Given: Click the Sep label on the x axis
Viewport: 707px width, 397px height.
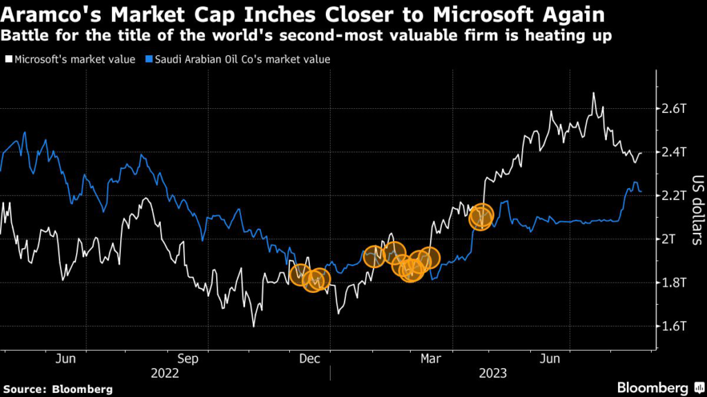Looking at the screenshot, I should pos(188,359).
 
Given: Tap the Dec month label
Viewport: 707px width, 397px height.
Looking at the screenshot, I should pos(310,359).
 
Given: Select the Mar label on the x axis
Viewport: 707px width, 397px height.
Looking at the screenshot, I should pos(432,359).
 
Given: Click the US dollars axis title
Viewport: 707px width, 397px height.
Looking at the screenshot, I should pos(695,210).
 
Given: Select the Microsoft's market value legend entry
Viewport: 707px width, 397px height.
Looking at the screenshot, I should pos(72,59).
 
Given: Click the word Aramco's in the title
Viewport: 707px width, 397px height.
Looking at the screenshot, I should pos(50,14).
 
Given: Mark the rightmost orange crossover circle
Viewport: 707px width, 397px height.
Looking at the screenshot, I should pos(481,216).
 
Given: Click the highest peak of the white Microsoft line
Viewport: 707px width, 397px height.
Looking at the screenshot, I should pos(594,93).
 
